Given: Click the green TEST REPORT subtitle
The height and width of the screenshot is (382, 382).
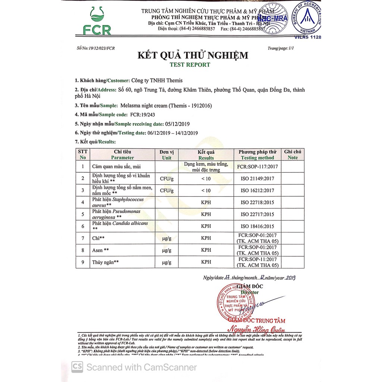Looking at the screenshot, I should (190, 65).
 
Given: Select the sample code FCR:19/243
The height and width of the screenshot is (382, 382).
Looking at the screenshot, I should (144, 115).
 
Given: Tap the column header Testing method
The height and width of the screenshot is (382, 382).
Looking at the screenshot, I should (257, 158).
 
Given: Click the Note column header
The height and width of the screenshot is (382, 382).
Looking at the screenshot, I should (293, 157).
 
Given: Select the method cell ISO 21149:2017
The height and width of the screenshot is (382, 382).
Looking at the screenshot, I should (257, 179).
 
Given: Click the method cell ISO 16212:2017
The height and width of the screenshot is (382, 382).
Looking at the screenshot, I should (257, 191).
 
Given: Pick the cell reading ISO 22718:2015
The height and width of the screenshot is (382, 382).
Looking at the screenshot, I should (257, 203).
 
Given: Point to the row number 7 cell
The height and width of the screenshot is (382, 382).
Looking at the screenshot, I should (83, 238).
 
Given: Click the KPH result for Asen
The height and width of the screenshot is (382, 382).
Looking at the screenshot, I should (206, 250).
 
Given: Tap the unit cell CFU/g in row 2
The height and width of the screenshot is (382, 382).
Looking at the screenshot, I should (167, 179).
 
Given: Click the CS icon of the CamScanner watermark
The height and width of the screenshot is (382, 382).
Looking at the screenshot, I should (77, 367).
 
